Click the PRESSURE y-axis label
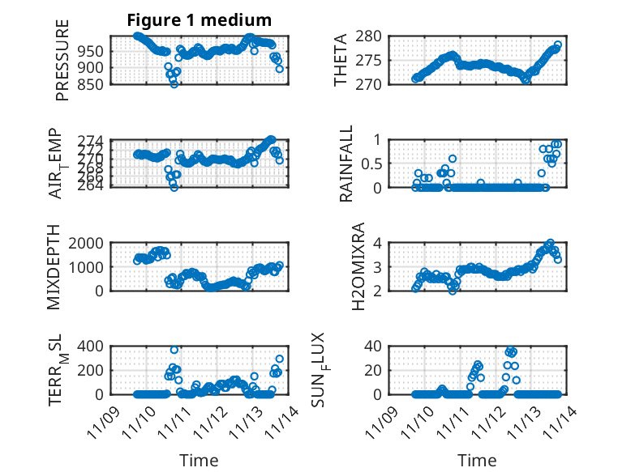pyautogui.click(x=62, y=61)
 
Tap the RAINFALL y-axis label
pyautogui.click(x=346, y=164)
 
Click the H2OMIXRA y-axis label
pyautogui.click(x=346, y=266)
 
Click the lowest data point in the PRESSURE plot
pyautogui.click(x=174, y=84)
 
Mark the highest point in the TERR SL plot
pyautogui.click(x=174, y=350)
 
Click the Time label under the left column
pyautogui.click(x=199, y=460)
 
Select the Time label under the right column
pyautogui.click(x=477, y=460)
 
